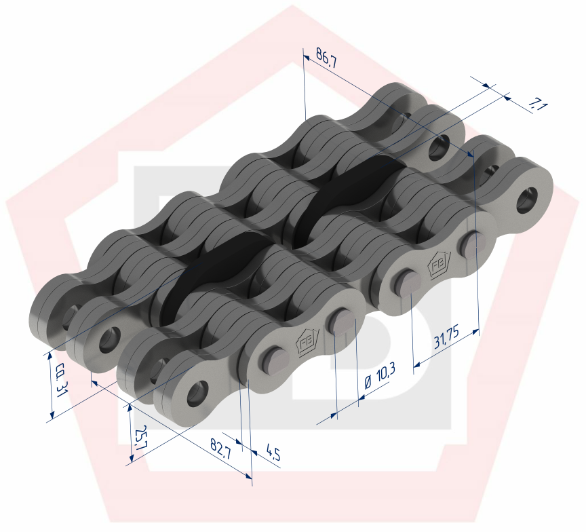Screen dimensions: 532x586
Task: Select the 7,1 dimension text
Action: (x=538, y=104)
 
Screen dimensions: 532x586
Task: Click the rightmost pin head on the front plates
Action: (x=471, y=244)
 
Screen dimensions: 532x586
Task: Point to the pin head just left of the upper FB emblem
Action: (x=406, y=282)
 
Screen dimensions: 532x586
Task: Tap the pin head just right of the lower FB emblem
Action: (x=340, y=321)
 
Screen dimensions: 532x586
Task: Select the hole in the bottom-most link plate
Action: (x=197, y=389)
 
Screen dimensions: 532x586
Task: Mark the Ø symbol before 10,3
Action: (x=366, y=383)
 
